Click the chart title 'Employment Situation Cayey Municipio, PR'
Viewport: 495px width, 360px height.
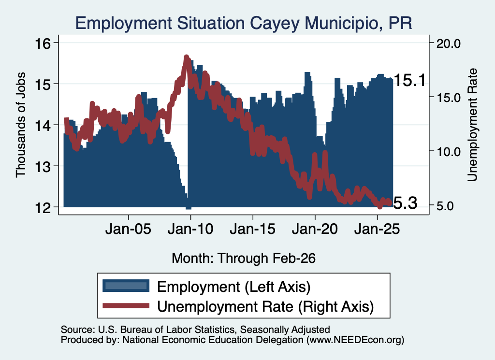(x=244, y=23)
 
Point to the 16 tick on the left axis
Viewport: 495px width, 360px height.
(x=43, y=43)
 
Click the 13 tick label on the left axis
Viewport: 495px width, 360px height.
(x=43, y=166)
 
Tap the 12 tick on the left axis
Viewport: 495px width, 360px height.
(x=43, y=207)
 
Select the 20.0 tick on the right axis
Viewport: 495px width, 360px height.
(x=448, y=43)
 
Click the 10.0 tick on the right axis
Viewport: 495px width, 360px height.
(x=448, y=152)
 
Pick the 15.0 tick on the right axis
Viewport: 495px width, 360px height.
(x=448, y=98)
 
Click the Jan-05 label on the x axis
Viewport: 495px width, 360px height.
(x=129, y=229)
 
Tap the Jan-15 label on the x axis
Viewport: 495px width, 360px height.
(x=252, y=229)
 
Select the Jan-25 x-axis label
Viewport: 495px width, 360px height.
(x=377, y=229)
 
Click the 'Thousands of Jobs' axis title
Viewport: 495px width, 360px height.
(x=20, y=125)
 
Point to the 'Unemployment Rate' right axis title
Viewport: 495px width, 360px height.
(x=472, y=125)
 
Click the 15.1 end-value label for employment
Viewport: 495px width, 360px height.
(x=410, y=80)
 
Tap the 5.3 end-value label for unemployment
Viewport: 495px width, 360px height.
(x=406, y=203)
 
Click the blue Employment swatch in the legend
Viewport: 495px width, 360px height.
(x=126, y=286)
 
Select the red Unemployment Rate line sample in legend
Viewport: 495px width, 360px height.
(x=126, y=305)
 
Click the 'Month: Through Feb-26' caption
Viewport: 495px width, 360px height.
(x=244, y=258)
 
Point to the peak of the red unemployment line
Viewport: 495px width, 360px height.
(x=187, y=57)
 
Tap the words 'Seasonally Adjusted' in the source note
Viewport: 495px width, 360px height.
(x=285, y=330)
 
